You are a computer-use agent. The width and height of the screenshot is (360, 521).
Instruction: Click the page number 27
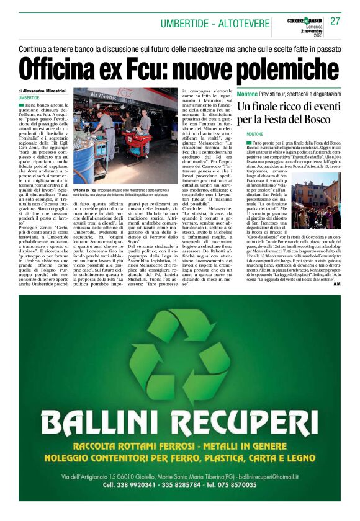click(335, 21)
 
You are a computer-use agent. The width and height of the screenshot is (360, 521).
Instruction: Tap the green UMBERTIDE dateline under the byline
click(29, 98)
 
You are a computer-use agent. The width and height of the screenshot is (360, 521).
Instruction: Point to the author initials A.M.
click(336, 283)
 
